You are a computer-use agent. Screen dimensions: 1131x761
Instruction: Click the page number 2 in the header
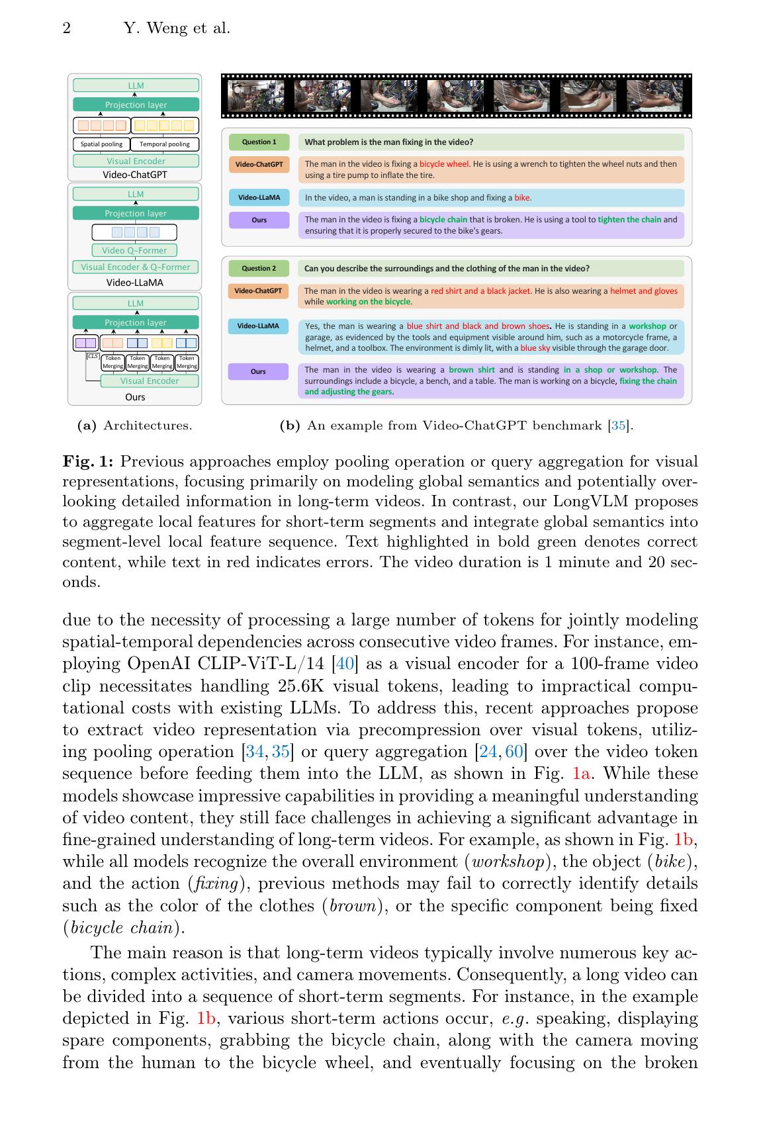(67, 28)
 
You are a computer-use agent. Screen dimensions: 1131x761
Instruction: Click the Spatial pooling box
(101, 144)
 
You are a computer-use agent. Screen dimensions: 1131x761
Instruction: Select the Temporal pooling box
(165, 144)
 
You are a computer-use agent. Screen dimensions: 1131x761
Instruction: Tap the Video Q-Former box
(135, 250)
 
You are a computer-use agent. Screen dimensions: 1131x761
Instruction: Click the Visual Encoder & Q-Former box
(135, 267)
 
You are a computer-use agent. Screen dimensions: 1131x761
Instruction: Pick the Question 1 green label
(259, 142)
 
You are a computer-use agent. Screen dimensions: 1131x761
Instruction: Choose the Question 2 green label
(259, 268)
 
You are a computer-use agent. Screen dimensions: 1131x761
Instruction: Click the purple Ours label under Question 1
(259, 220)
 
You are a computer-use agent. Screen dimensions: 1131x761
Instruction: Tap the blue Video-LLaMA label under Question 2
(258, 326)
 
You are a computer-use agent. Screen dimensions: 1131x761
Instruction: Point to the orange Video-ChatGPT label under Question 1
(259, 164)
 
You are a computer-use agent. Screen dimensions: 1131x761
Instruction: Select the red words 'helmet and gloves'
(643, 291)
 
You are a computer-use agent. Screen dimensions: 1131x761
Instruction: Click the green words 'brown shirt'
(471, 370)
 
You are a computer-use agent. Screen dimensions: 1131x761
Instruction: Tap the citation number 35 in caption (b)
(618, 426)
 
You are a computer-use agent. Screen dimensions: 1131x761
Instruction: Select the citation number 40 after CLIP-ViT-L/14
(345, 664)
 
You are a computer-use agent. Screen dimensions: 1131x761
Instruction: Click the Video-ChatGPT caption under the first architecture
(135, 175)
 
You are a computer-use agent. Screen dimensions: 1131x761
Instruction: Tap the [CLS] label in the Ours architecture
(92, 356)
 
